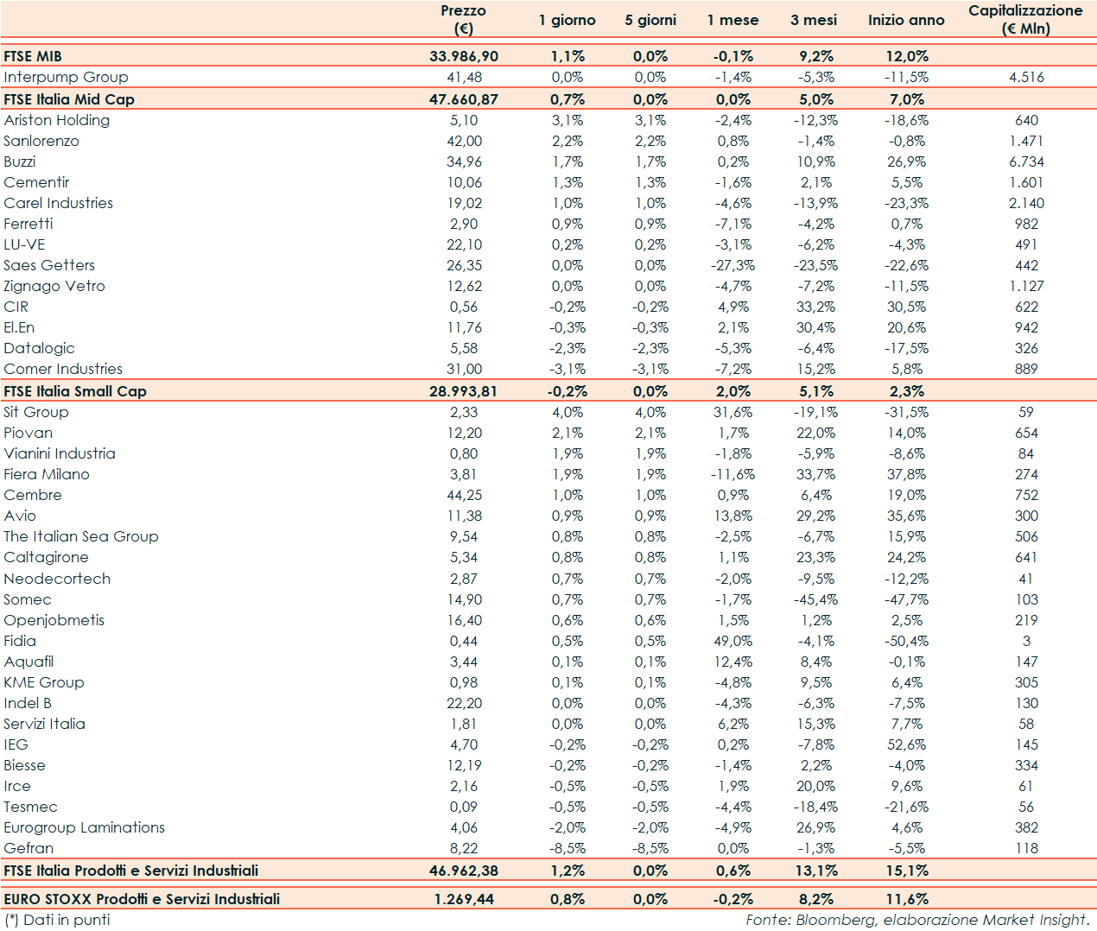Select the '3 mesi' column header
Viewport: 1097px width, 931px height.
pos(813,20)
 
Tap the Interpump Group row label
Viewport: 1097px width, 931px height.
pos(66,77)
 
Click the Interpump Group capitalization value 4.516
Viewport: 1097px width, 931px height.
pos(1026,77)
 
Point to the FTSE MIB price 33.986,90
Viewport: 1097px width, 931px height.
pos(464,56)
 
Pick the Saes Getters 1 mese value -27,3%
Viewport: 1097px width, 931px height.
pos(732,265)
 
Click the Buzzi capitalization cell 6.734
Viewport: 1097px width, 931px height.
pos(1026,161)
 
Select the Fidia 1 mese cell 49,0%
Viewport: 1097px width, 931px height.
pos(732,641)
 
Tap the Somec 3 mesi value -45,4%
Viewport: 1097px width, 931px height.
pos(815,599)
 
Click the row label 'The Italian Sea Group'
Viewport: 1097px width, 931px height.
pos(81,536)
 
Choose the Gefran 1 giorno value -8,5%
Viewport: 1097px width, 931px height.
pos(568,848)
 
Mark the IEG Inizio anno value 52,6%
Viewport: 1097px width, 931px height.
pos(906,744)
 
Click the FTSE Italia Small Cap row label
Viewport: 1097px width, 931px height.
pos(75,391)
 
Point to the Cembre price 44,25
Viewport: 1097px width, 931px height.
pos(464,495)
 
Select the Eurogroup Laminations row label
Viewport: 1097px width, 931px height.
pos(84,827)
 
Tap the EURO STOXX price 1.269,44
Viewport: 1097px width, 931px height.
pos(464,899)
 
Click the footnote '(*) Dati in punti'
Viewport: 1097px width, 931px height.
pos(57,920)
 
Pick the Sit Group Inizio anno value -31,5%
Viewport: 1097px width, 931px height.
pos(906,412)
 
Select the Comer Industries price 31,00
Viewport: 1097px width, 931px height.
pos(464,369)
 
